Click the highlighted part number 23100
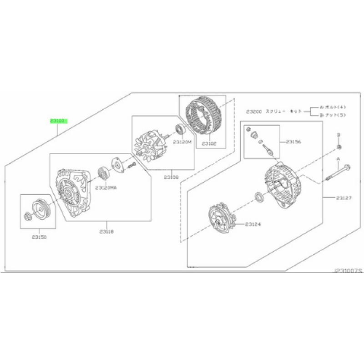click(x=58, y=121)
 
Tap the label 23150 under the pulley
click(x=39, y=237)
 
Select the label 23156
click(x=293, y=142)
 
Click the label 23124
click(x=253, y=224)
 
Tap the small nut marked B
click(x=339, y=147)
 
